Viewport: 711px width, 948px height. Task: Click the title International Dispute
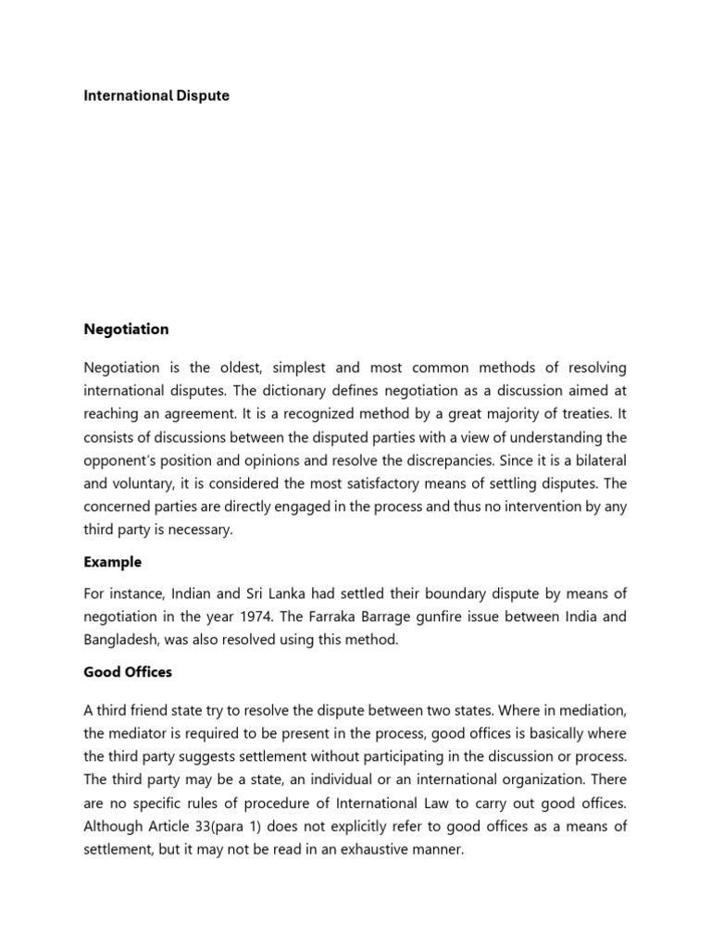pyautogui.click(x=156, y=95)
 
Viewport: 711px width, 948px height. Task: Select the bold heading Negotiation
pyautogui.click(x=126, y=329)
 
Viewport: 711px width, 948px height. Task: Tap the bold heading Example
pyautogui.click(x=112, y=562)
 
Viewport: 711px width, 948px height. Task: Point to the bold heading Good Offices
pyautogui.click(x=128, y=672)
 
